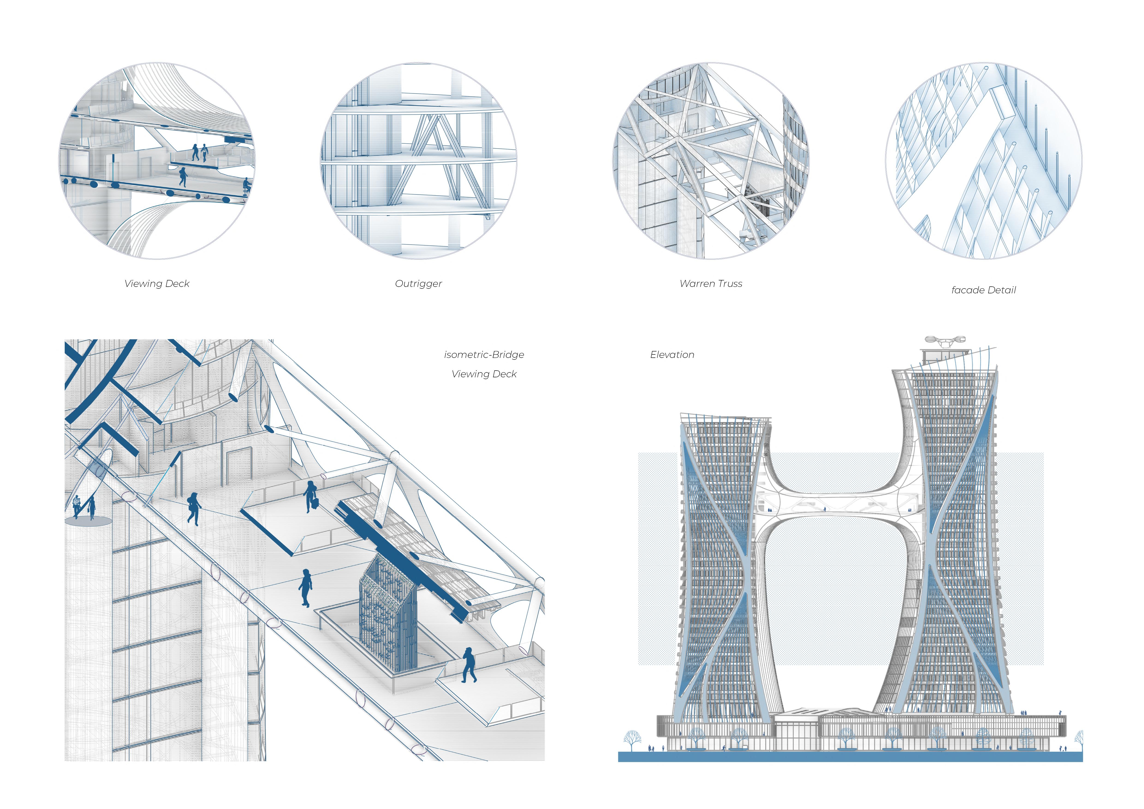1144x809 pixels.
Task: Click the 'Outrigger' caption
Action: pos(418,283)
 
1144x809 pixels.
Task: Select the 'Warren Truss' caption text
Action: pos(710,283)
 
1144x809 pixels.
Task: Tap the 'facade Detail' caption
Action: pos(983,290)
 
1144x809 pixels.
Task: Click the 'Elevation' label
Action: pos(672,355)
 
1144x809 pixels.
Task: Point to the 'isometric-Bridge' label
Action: pos(484,355)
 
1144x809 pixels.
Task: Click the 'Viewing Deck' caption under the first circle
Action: pos(157,283)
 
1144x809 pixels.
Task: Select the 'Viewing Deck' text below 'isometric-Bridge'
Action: pos(484,374)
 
